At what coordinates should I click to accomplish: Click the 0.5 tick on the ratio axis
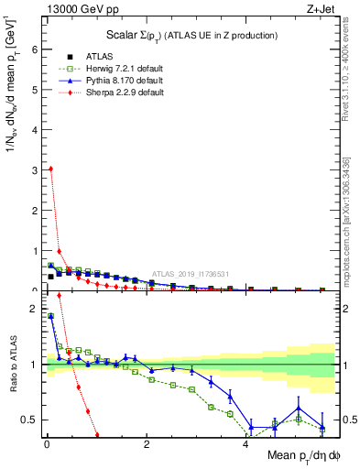(30, 420)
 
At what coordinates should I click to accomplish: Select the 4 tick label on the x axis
(246, 444)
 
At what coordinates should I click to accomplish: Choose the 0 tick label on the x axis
(46, 444)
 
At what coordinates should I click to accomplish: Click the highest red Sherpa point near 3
(50, 169)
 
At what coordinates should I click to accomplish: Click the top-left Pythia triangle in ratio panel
(50, 316)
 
